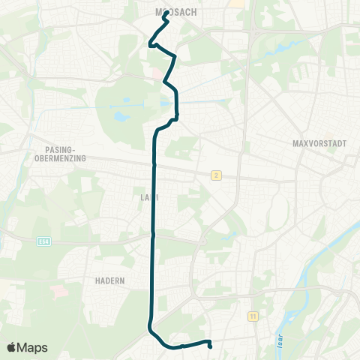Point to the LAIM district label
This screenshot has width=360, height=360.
click(151, 197)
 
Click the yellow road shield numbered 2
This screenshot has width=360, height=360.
click(216, 175)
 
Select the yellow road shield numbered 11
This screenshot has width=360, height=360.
click(253, 317)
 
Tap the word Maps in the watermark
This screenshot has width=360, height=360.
click(33, 347)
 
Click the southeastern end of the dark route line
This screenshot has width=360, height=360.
click(209, 346)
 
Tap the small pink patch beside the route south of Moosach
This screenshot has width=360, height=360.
click(156, 74)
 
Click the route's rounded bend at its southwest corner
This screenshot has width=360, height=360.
click(150, 328)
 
